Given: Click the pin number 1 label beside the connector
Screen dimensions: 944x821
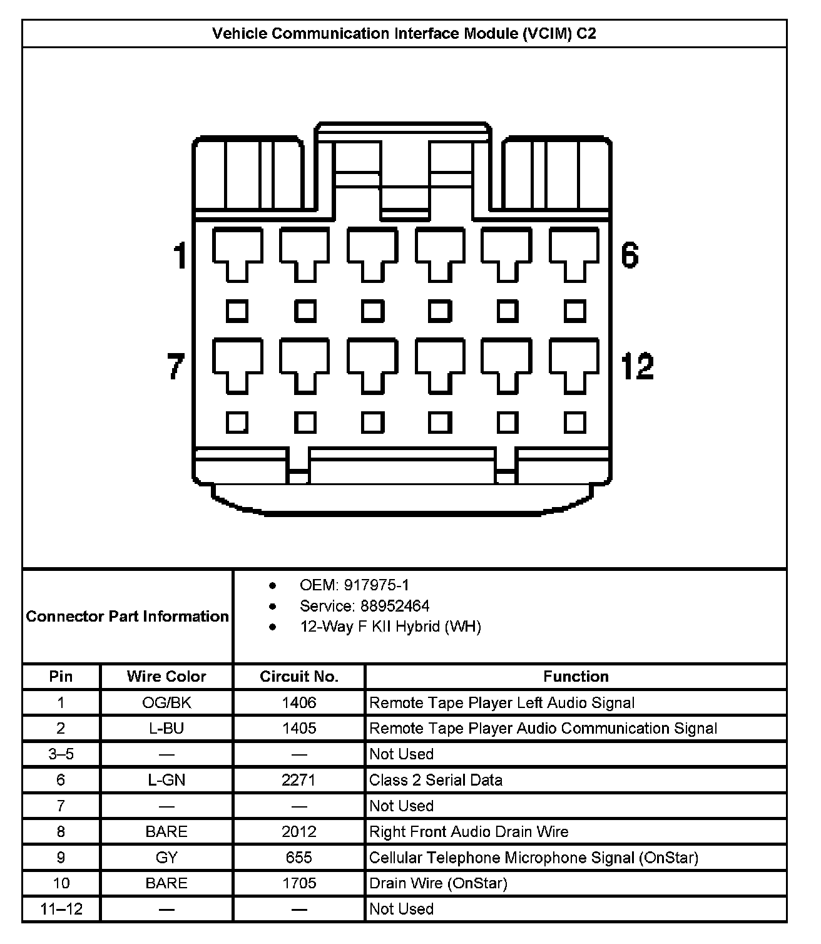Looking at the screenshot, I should [x=180, y=256].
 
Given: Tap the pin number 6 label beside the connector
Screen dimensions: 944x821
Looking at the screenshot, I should [x=630, y=255].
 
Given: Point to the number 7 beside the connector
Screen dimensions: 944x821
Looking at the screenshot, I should [x=176, y=366].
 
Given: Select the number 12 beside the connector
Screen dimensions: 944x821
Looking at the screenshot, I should [x=637, y=366].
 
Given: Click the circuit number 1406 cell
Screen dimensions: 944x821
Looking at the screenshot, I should [x=298, y=703].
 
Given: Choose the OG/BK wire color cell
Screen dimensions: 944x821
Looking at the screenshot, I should [x=166, y=703].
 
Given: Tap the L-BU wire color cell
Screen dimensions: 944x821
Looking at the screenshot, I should [x=166, y=729].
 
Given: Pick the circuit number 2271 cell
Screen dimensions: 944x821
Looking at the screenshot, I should [x=298, y=780].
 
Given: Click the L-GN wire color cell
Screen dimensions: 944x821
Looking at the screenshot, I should [x=166, y=780].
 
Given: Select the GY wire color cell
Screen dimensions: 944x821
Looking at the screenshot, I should [x=166, y=858].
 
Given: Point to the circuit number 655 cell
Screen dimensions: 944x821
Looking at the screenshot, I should [x=298, y=858].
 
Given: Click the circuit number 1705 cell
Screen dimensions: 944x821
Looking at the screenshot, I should [x=298, y=883].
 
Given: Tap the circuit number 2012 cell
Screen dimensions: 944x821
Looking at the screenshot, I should [x=298, y=832].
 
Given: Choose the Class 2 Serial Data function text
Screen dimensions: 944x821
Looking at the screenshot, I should [x=436, y=780].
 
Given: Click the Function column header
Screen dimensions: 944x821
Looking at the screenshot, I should [x=576, y=677].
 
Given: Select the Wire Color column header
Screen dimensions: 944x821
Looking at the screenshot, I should [x=166, y=677].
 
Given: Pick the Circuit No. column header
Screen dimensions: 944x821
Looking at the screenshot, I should [x=298, y=677].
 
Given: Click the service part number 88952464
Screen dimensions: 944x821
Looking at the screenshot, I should [x=394, y=606].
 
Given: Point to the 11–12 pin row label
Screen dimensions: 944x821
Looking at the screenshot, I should [x=61, y=909].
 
